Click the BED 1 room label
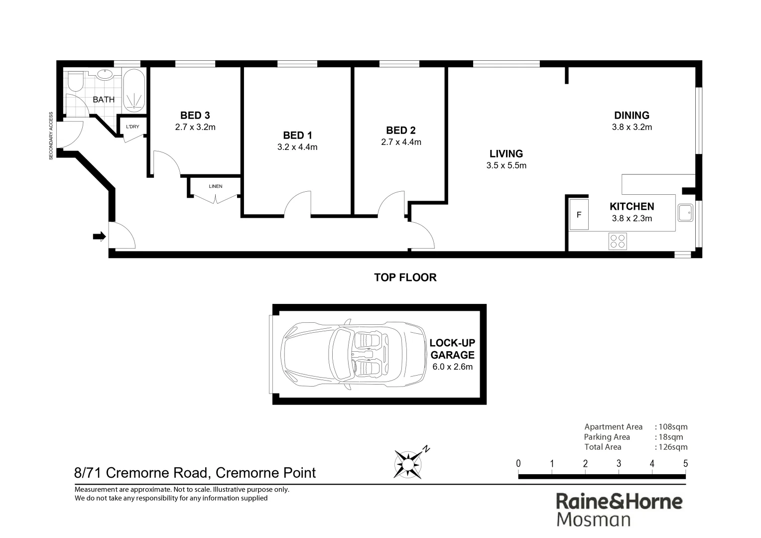[x=297, y=135]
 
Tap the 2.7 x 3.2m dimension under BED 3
[x=195, y=127]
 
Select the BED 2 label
[x=400, y=131]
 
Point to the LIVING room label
[x=506, y=154]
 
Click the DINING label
[x=632, y=116]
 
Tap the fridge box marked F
[x=579, y=215]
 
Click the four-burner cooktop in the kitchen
[x=618, y=241]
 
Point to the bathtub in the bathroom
[x=134, y=90]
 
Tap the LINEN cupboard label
[x=216, y=186]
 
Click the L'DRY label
[x=132, y=127]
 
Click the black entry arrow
[x=100, y=237]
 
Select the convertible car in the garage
[x=353, y=354]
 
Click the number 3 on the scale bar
[x=619, y=464]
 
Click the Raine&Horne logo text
[x=619, y=501]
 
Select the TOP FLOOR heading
[x=405, y=277]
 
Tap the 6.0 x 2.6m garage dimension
[x=452, y=367]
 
